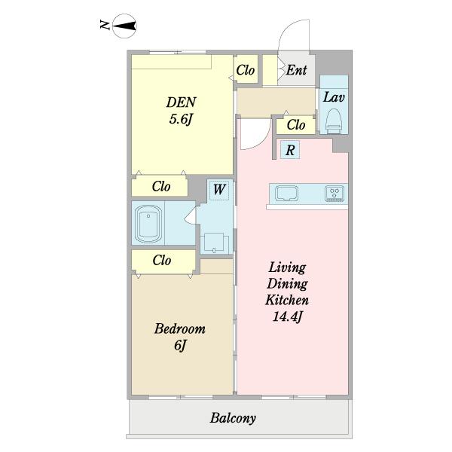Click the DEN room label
click(x=182, y=102)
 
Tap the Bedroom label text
click(x=180, y=329)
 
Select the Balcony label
click(x=233, y=418)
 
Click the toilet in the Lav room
click(x=334, y=121)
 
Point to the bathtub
click(x=148, y=224)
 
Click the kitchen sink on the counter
click(x=286, y=193)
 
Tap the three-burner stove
click(x=334, y=193)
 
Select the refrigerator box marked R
click(x=290, y=150)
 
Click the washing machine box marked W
click(x=219, y=190)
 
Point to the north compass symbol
click(x=124, y=26)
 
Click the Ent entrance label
click(x=296, y=70)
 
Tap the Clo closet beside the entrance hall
click(x=246, y=70)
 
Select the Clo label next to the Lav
click(x=296, y=125)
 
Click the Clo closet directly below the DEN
click(x=160, y=186)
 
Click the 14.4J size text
click(x=287, y=317)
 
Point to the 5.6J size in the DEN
click(x=181, y=119)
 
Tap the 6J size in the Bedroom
click(x=180, y=345)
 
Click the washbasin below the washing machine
click(x=214, y=243)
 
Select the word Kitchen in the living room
click(x=287, y=300)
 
